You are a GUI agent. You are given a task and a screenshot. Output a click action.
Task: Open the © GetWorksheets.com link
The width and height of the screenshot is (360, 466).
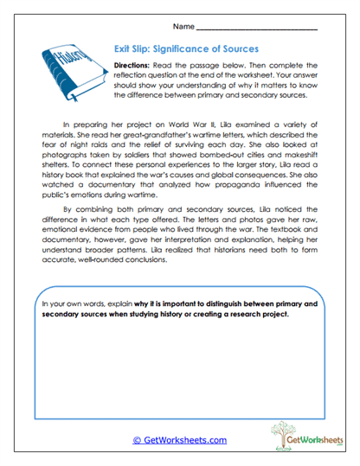pos(179,440)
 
